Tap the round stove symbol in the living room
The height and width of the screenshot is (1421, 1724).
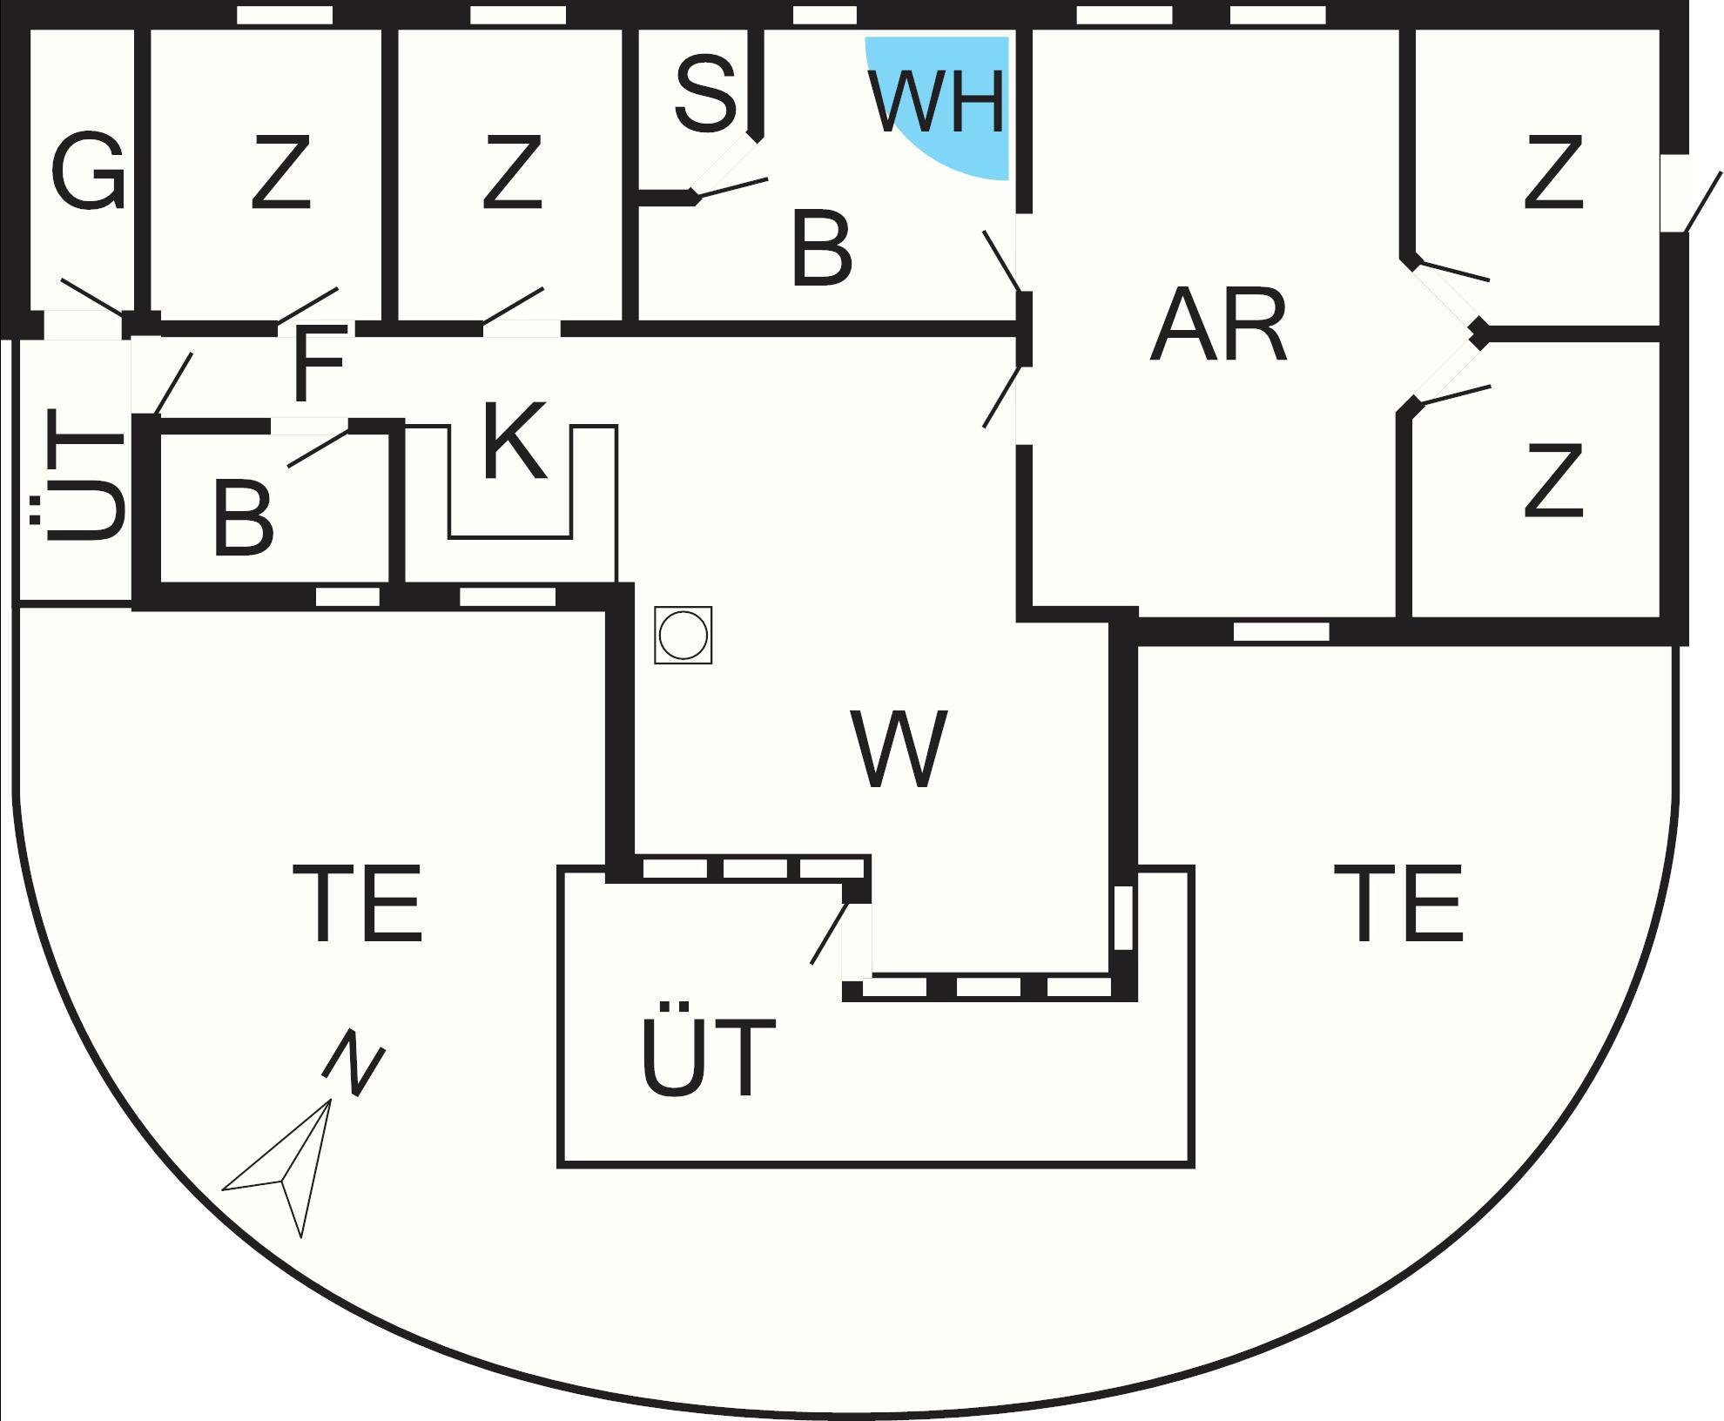(x=684, y=636)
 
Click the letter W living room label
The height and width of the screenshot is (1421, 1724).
(x=899, y=749)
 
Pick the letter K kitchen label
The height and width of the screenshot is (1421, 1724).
(x=514, y=441)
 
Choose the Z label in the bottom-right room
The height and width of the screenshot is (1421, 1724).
(x=1553, y=481)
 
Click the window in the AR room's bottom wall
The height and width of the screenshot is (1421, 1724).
(x=1282, y=631)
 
